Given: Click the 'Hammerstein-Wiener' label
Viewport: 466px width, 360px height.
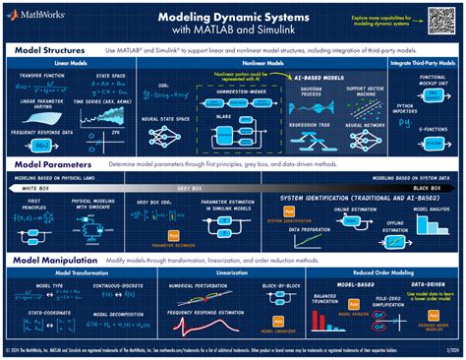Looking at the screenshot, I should [x=235, y=85].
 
